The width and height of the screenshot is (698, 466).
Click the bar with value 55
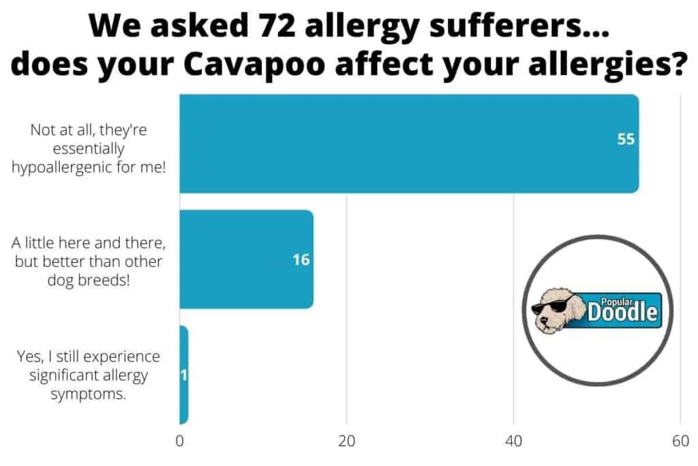[409, 143]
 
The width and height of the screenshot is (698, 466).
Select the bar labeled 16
[247, 259]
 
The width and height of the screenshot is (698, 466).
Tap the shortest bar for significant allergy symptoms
[184, 375]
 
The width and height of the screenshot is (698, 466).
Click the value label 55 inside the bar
[626, 139]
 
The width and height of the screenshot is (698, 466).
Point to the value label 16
[301, 260]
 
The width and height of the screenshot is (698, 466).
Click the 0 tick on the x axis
[179, 441]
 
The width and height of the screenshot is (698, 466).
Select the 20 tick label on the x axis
[346, 441]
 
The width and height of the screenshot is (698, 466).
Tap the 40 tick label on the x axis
[513, 441]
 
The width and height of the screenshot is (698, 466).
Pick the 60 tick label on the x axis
[681, 441]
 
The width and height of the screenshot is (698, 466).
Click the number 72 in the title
[277, 25]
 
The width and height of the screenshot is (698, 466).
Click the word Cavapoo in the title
[254, 64]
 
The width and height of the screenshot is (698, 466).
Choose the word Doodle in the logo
[622, 312]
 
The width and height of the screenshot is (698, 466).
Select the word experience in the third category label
[121, 357]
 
